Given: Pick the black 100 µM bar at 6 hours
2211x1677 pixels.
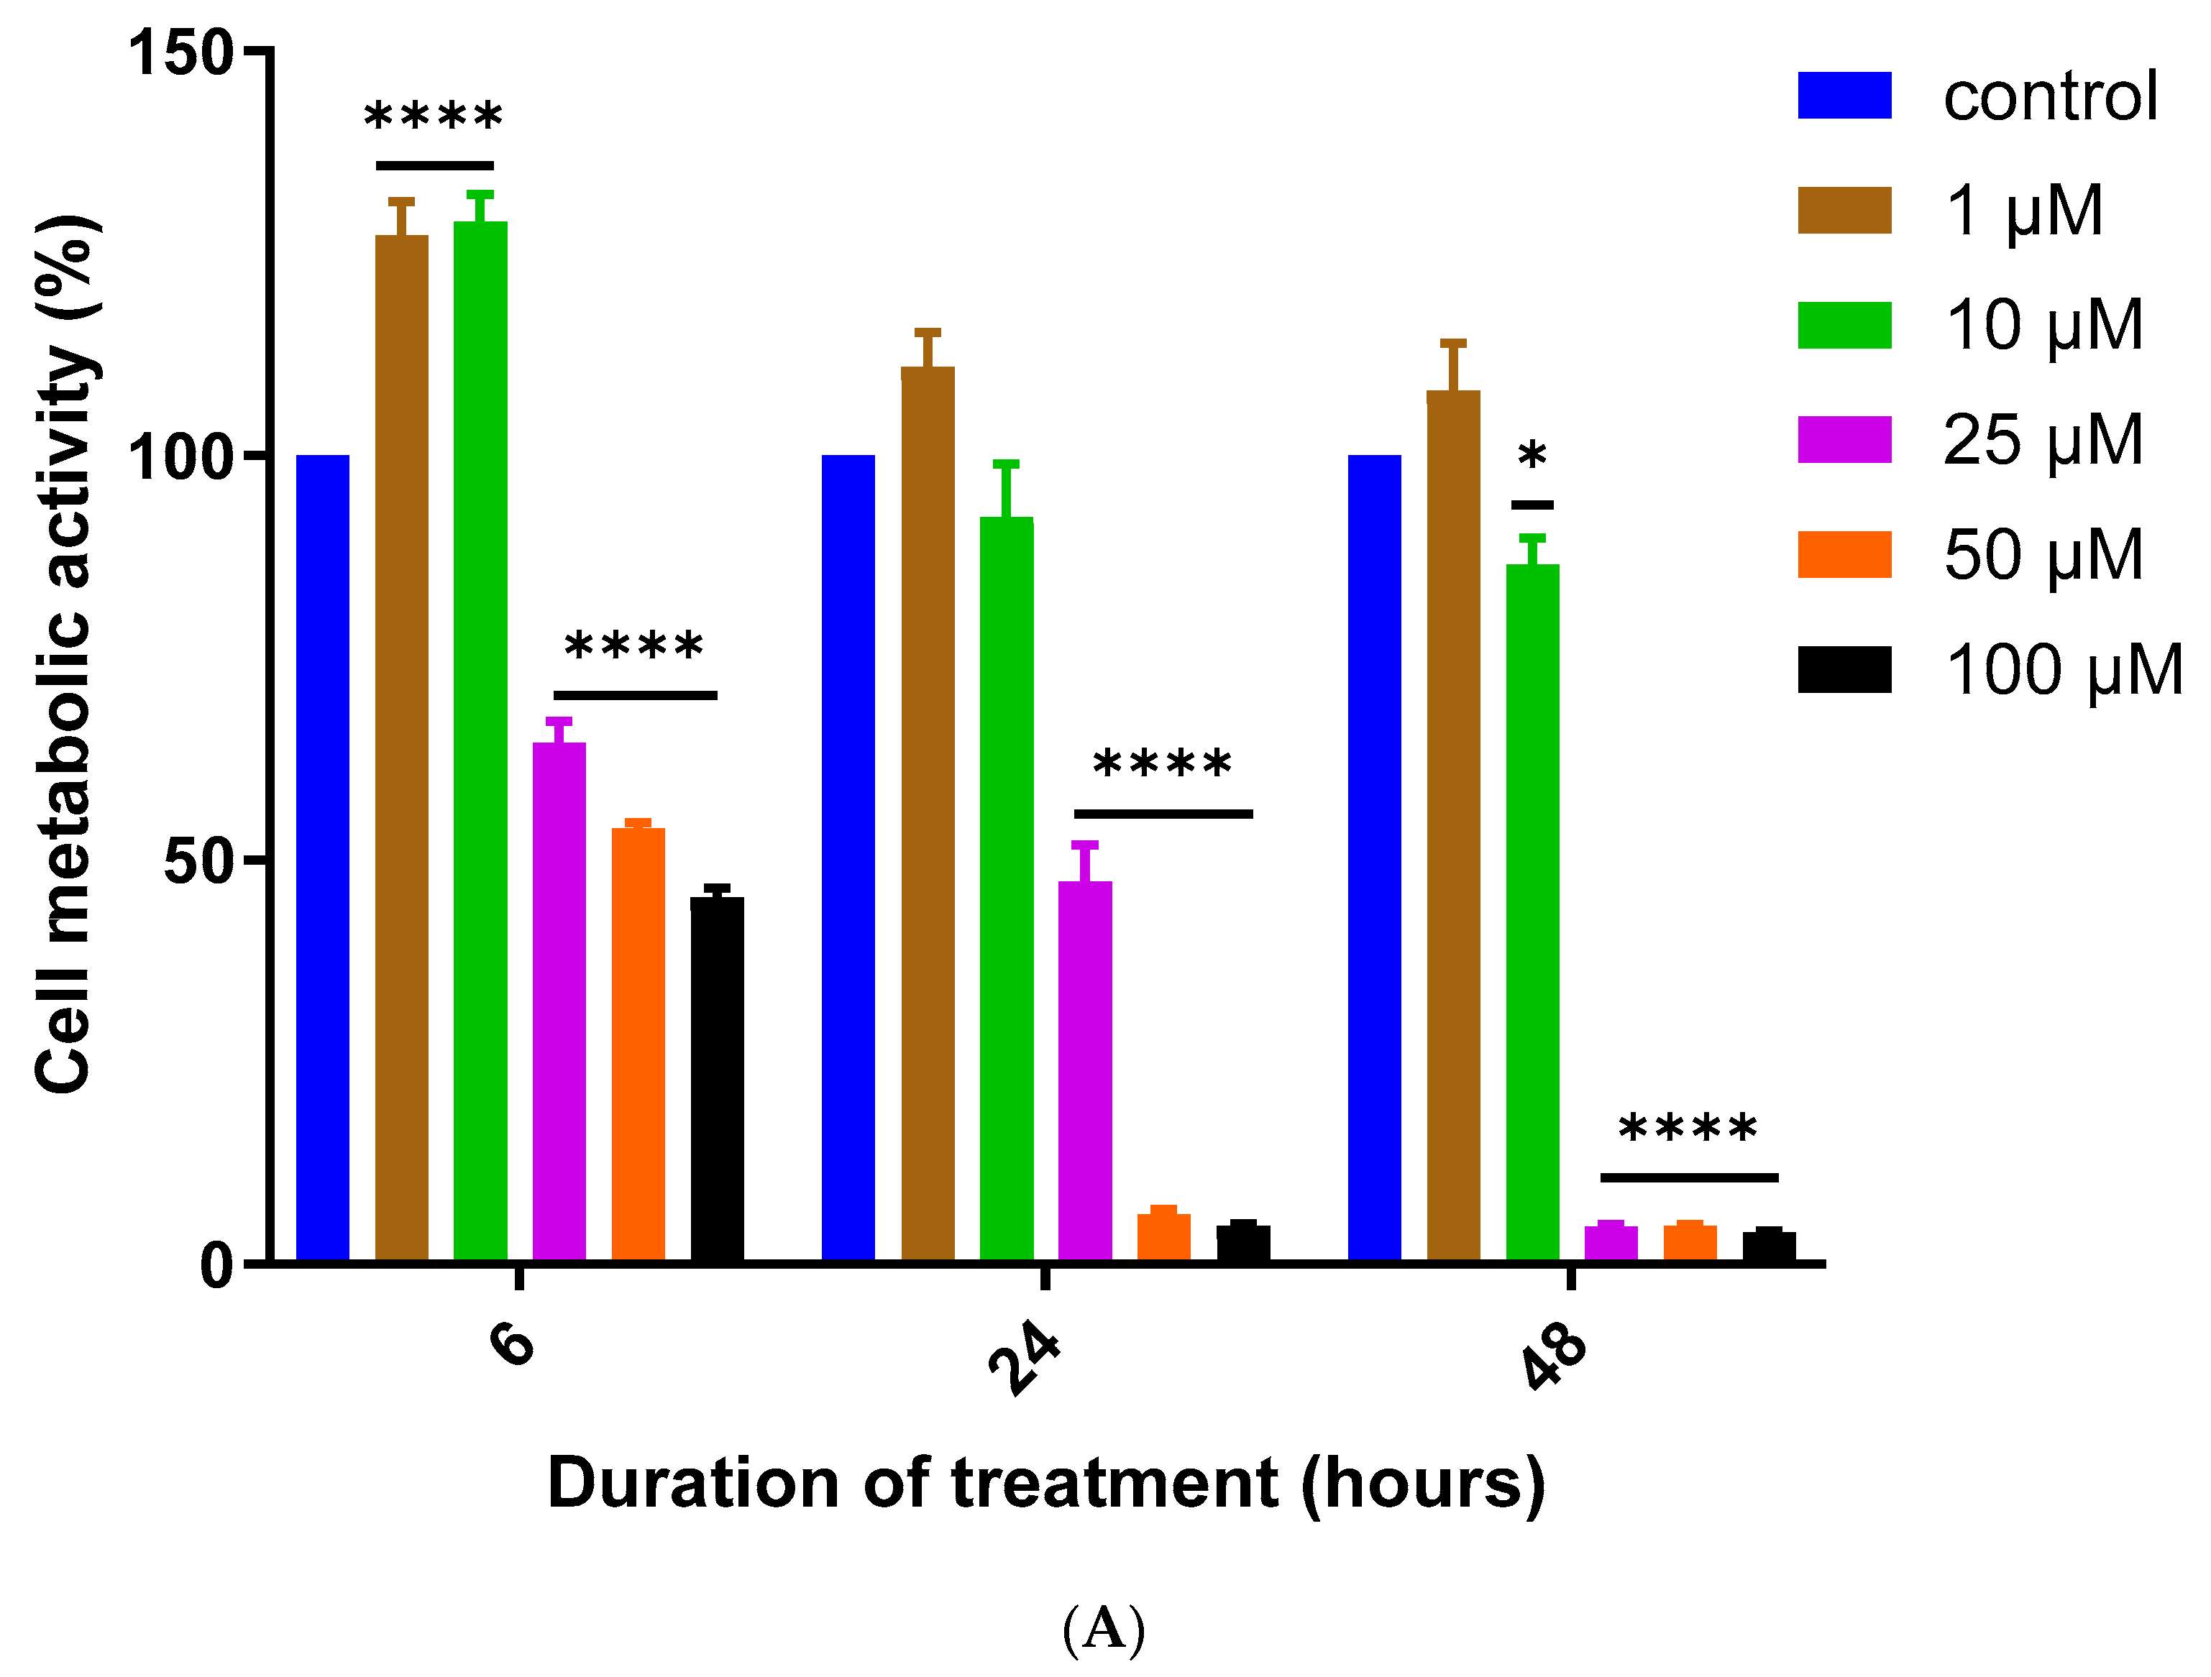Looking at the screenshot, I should point(717,1080).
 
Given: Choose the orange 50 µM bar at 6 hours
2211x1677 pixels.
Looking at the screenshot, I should point(638,1044).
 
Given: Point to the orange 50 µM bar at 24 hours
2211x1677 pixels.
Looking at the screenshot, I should point(1163,1237).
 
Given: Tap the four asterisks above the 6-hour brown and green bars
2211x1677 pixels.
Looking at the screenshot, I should point(434,118).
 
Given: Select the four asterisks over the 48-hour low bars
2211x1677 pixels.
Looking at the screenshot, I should point(1688,1130).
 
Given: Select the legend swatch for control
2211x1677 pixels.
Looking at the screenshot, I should point(1844,96).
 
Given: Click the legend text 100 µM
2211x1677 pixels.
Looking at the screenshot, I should point(2062,670).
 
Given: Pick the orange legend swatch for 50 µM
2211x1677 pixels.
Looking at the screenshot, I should point(1844,555).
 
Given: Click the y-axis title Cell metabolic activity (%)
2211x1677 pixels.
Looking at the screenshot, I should point(65,655).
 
